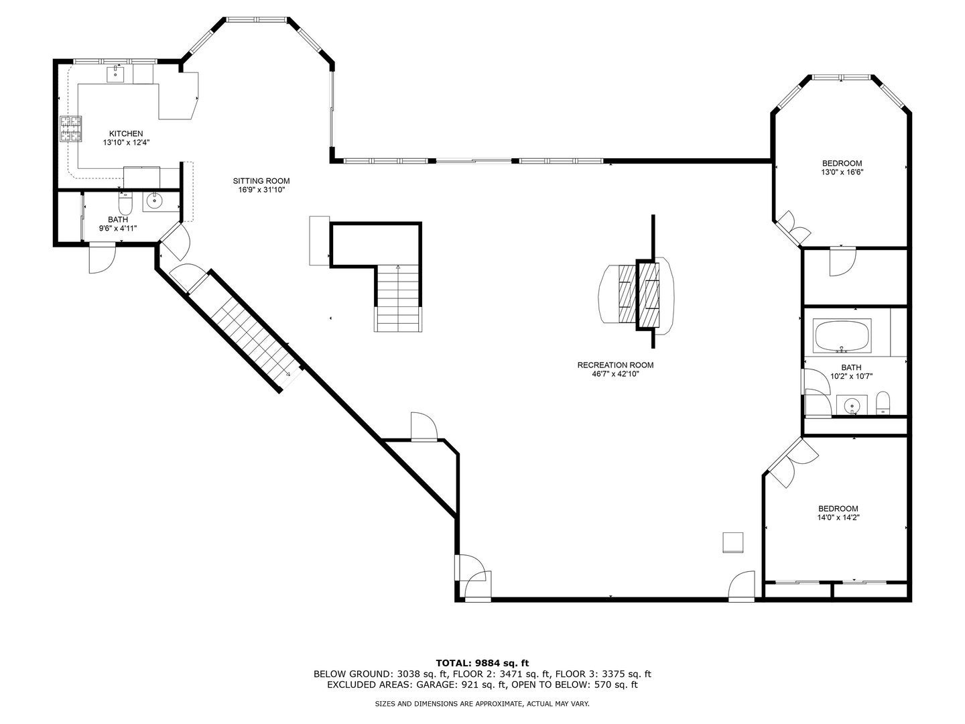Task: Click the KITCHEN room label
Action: click(126, 134)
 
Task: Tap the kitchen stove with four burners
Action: click(71, 129)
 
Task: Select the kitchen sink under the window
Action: click(116, 72)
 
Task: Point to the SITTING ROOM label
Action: click(261, 181)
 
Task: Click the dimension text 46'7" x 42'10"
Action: click(615, 375)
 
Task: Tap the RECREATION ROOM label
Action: click(615, 365)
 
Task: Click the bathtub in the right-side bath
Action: click(842, 336)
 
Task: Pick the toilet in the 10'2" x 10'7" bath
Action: click(883, 404)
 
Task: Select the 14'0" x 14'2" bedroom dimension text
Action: click(838, 518)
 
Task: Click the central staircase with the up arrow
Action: click(398, 298)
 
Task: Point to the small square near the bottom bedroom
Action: click(732, 542)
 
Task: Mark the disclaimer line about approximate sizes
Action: click(482, 704)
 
